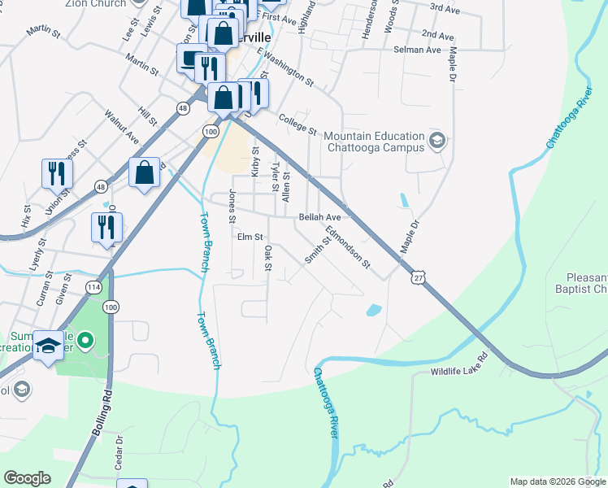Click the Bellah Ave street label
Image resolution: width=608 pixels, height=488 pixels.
319,218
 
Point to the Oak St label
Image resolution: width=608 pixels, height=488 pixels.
267,260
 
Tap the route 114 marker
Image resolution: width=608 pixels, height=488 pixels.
93,287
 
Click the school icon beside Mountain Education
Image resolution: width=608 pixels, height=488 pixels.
437,142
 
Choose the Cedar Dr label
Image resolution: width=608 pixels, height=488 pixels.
118,451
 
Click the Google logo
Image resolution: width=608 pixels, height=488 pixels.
27,478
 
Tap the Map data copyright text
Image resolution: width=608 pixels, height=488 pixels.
557,481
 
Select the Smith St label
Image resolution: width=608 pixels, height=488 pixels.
313,253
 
